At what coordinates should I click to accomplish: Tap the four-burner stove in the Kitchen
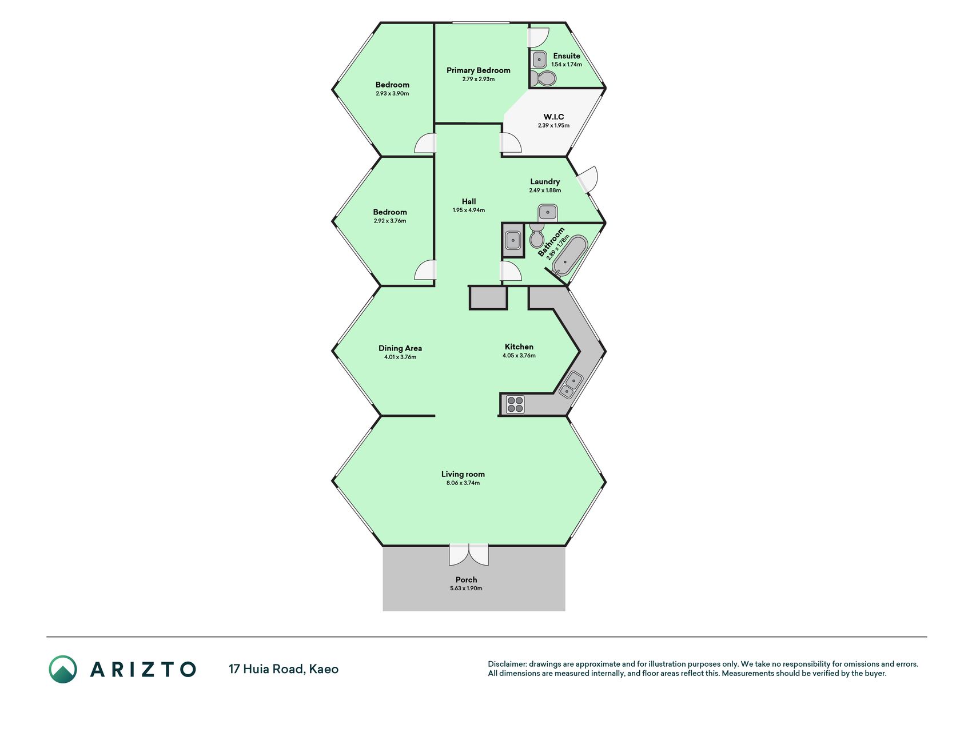click(515, 404)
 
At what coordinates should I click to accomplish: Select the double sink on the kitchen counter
click(571, 384)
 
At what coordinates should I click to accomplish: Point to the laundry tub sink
click(548, 213)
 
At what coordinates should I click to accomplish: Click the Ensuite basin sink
click(539, 59)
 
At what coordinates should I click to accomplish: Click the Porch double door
click(469, 555)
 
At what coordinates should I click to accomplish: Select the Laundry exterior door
click(588, 179)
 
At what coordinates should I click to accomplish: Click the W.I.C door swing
click(511, 143)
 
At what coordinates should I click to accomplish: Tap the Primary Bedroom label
click(479, 70)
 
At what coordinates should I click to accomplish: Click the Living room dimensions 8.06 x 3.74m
click(463, 483)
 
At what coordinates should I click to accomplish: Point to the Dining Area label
click(400, 348)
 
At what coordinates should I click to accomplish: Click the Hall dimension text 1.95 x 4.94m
click(469, 210)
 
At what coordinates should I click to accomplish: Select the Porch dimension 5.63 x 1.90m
click(466, 588)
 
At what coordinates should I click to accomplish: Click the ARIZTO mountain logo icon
click(63, 669)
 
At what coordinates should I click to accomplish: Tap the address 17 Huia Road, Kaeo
click(284, 669)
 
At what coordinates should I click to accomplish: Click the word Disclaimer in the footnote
click(507, 664)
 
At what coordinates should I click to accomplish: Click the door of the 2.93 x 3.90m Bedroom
click(425, 143)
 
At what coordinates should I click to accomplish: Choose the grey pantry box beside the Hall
click(488, 298)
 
